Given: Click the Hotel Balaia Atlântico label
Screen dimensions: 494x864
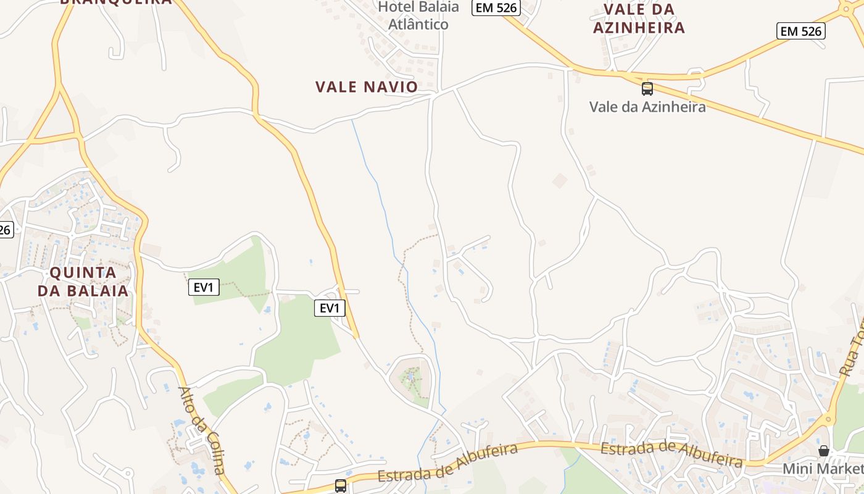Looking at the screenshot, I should [x=418, y=15].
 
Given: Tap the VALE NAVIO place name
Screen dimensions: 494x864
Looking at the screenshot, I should [x=367, y=87].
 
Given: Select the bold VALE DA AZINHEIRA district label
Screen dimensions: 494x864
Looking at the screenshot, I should [x=639, y=19].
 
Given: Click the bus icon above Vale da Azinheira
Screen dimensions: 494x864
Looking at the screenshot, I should [x=647, y=88].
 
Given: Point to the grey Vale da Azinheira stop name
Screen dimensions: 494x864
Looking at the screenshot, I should [x=647, y=107].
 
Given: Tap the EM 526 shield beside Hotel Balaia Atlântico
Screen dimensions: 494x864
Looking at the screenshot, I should [x=496, y=7].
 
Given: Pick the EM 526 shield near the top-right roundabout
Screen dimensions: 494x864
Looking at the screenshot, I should [x=800, y=31].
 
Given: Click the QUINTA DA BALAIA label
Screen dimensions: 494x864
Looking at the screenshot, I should [x=83, y=282].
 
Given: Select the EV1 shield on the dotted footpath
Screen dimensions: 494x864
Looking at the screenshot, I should [x=204, y=287].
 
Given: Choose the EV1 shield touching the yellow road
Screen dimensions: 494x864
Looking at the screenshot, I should [x=330, y=308].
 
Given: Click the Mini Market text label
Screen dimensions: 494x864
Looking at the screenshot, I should [x=823, y=469].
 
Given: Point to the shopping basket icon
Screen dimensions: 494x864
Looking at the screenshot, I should [x=823, y=451].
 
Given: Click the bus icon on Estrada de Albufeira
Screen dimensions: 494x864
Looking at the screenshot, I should [x=340, y=485].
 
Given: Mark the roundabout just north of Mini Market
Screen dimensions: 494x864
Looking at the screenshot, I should [x=827, y=419].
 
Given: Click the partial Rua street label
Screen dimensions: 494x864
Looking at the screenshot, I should [x=852, y=349].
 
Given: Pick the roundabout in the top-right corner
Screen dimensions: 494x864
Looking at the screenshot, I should [x=852, y=7].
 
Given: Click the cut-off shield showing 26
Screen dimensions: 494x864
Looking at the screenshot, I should [x=5, y=230].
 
